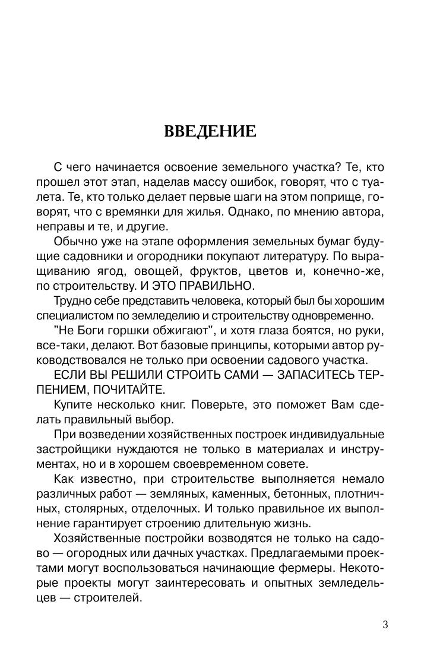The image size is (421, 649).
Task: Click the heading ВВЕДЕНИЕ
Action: click(x=210, y=131)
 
